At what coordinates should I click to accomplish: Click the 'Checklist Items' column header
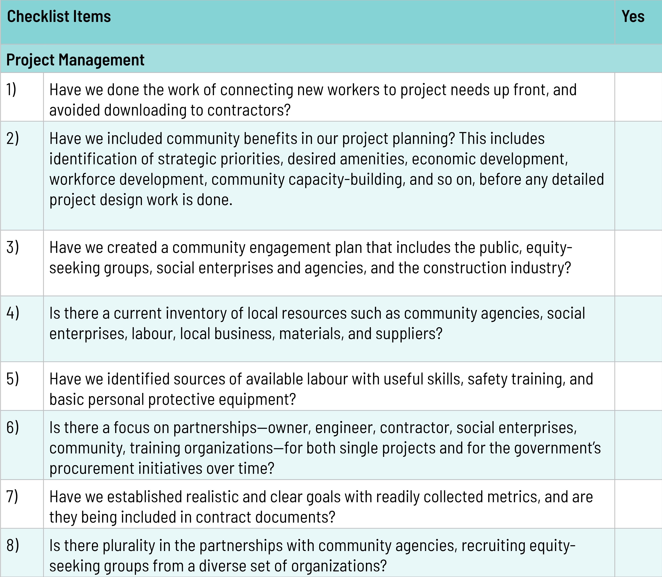(59, 17)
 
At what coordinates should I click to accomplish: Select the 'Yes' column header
(633, 17)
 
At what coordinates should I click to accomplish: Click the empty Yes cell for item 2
(638, 176)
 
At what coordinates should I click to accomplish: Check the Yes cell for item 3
(638, 263)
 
